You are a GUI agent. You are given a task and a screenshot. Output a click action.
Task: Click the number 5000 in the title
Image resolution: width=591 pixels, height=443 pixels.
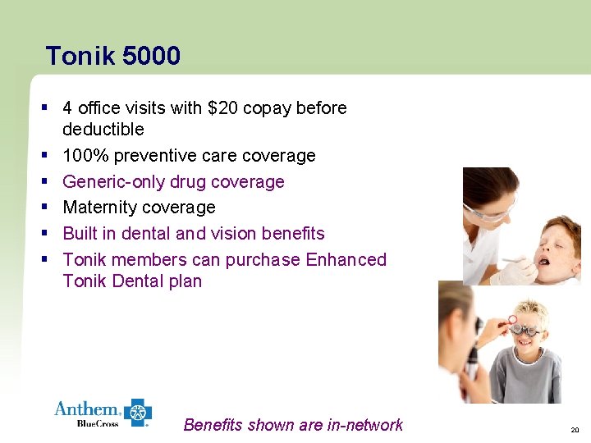coord(151,56)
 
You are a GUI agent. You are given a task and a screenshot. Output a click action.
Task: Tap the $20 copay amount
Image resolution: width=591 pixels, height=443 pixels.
coord(224,107)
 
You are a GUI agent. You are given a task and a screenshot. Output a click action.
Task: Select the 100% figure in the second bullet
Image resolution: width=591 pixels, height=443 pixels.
coord(85,155)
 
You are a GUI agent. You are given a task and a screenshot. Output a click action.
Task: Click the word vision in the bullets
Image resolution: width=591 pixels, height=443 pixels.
coord(239,234)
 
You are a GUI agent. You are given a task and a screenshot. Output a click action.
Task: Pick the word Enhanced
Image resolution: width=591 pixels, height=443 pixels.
coord(346,260)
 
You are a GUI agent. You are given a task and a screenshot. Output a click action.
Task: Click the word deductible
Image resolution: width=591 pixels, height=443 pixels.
coord(103,130)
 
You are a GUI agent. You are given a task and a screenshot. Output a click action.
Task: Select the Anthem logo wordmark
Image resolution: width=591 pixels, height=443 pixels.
coord(87,409)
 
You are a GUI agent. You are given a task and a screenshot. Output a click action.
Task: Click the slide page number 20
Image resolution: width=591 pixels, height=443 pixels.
coord(573,430)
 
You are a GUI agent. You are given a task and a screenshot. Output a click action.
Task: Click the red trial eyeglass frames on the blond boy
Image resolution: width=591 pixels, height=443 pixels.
coord(524,328)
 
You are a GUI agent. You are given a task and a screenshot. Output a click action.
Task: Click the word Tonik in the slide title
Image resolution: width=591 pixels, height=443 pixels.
coord(80,56)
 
